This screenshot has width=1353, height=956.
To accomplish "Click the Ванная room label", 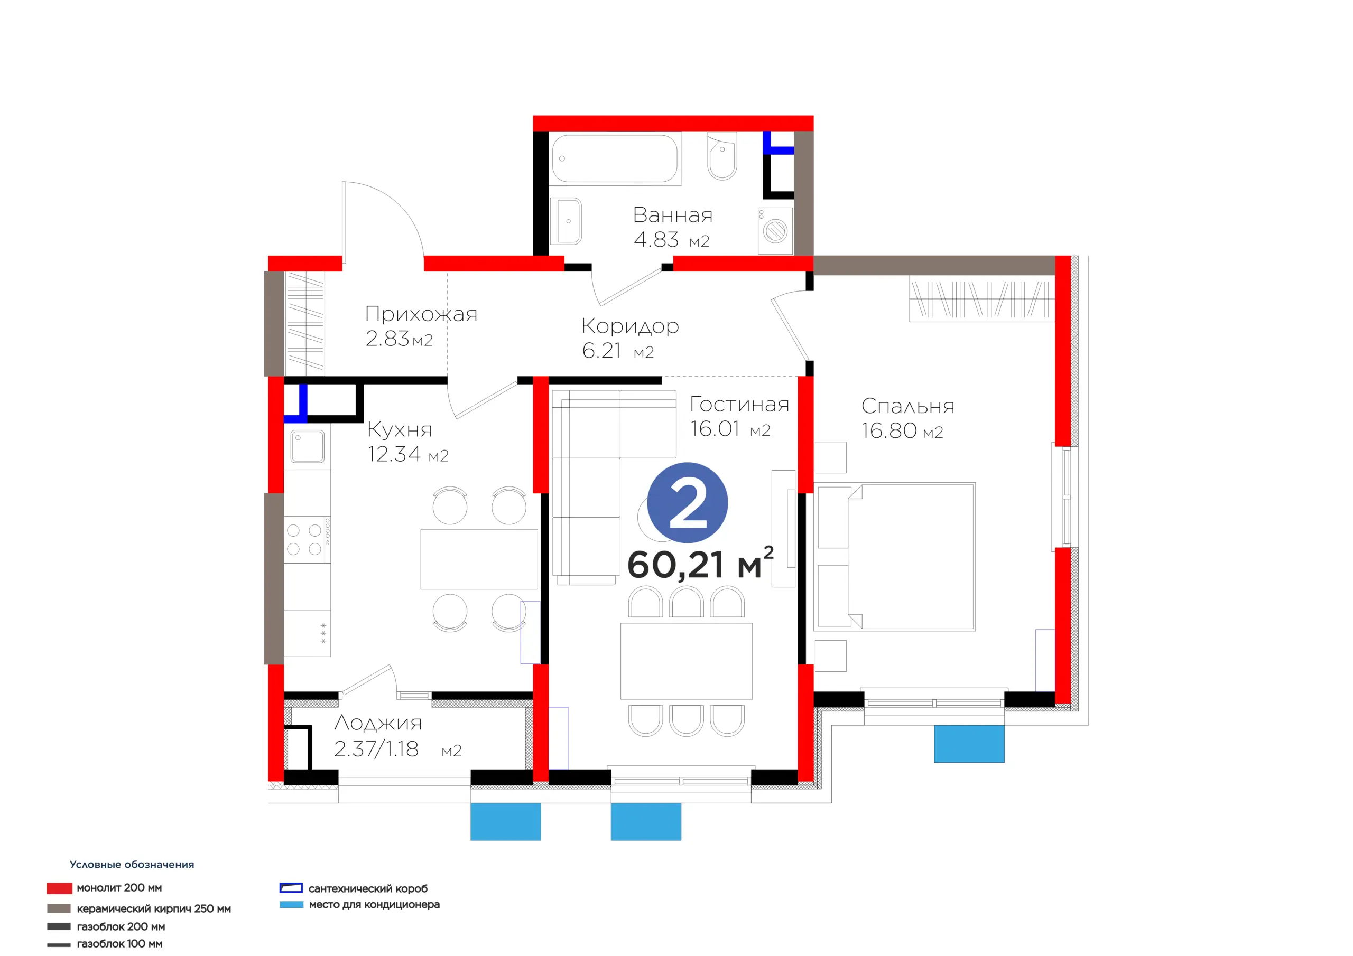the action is [x=672, y=215].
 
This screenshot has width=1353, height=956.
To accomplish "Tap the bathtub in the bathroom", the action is [x=615, y=158].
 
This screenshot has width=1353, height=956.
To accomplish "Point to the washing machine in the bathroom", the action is [x=775, y=231].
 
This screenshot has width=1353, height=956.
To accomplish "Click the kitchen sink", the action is [x=307, y=446].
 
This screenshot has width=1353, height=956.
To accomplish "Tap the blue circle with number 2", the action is [x=687, y=502].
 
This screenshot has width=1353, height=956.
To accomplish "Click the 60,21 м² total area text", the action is [x=700, y=563].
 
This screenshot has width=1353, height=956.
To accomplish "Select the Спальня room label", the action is [x=907, y=406].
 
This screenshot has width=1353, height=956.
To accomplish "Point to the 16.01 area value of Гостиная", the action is [x=715, y=429].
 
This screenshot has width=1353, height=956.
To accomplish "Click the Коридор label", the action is [x=630, y=326].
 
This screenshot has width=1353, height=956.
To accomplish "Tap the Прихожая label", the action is [x=421, y=314].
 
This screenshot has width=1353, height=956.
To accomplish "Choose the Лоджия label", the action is [x=378, y=723].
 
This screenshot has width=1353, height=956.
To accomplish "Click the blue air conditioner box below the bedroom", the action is [x=969, y=743].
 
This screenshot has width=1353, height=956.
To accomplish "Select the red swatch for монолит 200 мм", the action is [x=60, y=888].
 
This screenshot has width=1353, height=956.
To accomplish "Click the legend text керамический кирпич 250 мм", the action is [x=154, y=909].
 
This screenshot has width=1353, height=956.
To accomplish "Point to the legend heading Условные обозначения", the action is [x=132, y=864].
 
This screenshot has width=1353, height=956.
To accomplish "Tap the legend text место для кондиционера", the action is [x=374, y=905].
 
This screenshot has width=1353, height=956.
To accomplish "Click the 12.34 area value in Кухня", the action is [x=394, y=454].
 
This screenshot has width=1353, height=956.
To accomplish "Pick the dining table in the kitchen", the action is [x=479, y=559].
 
